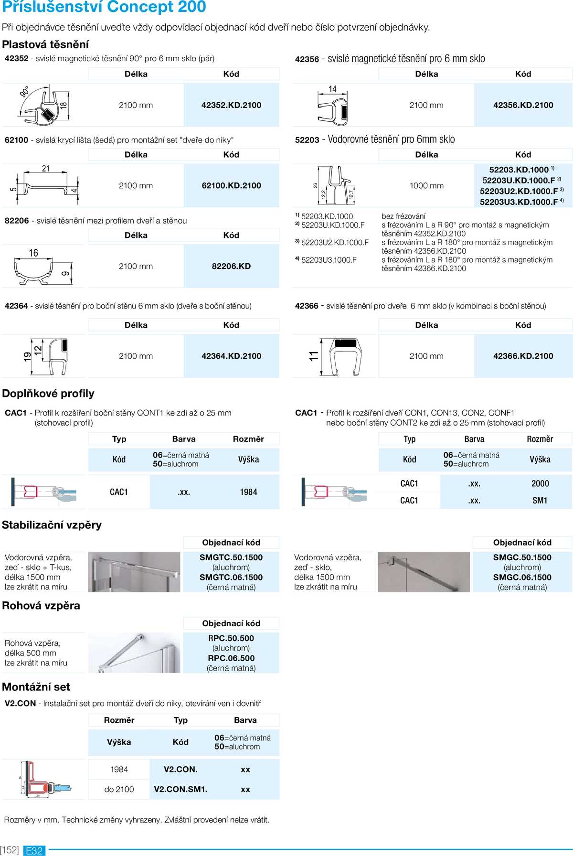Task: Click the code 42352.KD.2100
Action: pyautogui.click(x=231, y=105)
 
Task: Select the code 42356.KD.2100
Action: pyautogui.click(x=523, y=105)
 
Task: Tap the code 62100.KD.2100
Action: pyautogui.click(x=231, y=186)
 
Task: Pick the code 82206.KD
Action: pyautogui.click(x=231, y=267)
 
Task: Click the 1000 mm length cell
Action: pyautogui.click(x=426, y=186)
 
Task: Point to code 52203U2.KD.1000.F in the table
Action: pyautogui.click(x=519, y=191)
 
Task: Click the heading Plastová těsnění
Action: pyautogui.click(x=45, y=44)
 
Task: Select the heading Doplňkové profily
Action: pyautogui.click(x=48, y=394)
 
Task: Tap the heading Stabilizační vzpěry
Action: pyautogui.click(x=52, y=525)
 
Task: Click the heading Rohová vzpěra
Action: pyautogui.click(x=41, y=606)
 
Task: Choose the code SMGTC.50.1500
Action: pyautogui.click(x=231, y=557)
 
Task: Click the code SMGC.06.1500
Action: pyautogui.click(x=522, y=578)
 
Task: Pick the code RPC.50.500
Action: pyautogui.click(x=231, y=638)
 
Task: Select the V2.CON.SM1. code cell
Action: pyautogui.click(x=180, y=790)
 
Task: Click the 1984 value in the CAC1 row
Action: pyautogui.click(x=248, y=492)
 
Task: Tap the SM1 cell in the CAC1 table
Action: pyautogui.click(x=540, y=501)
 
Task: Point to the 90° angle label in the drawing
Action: pyautogui.click(x=25, y=92)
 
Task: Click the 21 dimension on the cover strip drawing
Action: pyautogui.click(x=46, y=169)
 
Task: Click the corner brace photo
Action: pyautogui.click(x=134, y=653)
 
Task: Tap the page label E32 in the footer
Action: pyautogui.click(x=34, y=851)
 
